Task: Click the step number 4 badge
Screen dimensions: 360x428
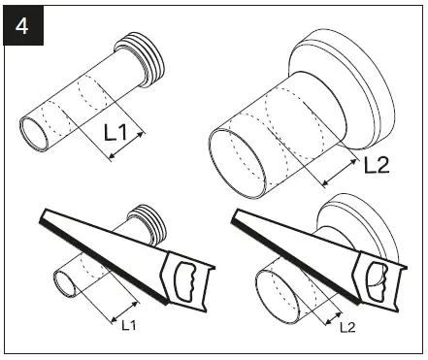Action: click(22, 23)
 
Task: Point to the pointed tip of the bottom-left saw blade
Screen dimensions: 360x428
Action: click(36, 218)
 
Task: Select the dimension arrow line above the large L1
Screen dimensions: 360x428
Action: click(123, 145)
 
